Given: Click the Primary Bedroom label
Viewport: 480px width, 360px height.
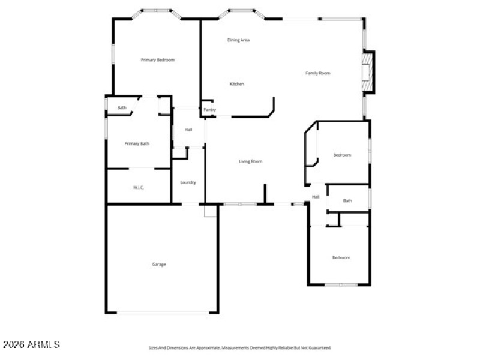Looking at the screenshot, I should [x=157, y=60].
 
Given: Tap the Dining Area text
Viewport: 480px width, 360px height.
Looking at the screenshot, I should [x=238, y=40].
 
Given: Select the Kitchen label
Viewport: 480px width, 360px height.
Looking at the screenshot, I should [x=237, y=84].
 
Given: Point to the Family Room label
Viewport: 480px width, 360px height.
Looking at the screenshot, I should [x=318, y=73].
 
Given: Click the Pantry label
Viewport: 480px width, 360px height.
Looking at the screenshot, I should [x=209, y=110].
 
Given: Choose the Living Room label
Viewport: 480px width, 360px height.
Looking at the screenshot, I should [x=251, y=161].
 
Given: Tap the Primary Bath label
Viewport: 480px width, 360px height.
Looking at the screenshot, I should [x=137, y=144].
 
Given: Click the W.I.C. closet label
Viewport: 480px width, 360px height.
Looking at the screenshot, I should [x=139, y=188].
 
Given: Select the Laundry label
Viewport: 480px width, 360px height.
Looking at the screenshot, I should [x=188, y=182].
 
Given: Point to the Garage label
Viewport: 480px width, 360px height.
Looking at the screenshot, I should [x=159, y=265].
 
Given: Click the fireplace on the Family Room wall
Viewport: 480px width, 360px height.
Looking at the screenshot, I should [x=367, y=73].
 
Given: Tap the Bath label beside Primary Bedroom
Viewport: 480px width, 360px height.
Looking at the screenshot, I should [x=122, y=108].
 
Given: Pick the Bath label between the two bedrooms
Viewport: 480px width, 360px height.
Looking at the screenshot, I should [x=347, y=201].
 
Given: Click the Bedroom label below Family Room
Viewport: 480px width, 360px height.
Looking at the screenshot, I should [x=342, y=155].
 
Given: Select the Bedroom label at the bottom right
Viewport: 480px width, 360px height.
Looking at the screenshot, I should [x=341, y=258].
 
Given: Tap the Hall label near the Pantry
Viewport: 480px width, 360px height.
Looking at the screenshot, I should [x=188, y=130].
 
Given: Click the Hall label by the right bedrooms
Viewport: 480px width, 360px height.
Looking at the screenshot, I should [x=316, y=197].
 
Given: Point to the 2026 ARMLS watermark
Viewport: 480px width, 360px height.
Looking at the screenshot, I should [x=31, y=344].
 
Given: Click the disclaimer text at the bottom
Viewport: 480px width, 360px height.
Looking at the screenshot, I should [x=240, y=347].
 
